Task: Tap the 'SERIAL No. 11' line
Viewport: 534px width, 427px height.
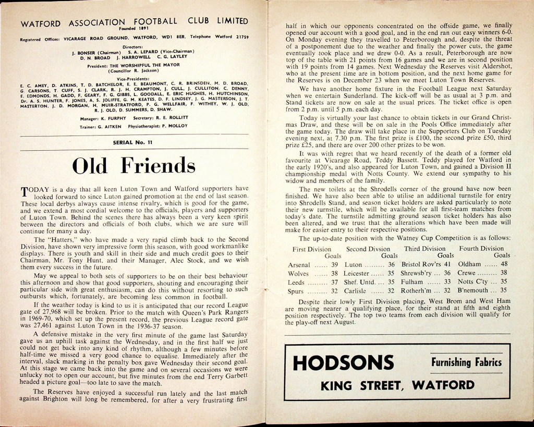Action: pos(133,142)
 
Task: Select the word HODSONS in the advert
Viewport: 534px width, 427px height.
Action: pos(343,362)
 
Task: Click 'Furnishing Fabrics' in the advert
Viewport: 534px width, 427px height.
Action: pos(466,362)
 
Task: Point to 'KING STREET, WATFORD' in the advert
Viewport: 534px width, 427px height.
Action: pos(397,386)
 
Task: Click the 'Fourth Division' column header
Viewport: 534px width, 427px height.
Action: pos(481,249)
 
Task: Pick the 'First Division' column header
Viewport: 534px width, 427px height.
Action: pos(314,249)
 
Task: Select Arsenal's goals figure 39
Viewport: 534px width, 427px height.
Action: pos(334,265)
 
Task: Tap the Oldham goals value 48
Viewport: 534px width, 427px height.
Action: pos(504,264)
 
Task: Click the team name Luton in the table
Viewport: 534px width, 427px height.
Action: pos(354,265)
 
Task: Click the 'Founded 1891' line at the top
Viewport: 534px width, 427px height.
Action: pos(133,28)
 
